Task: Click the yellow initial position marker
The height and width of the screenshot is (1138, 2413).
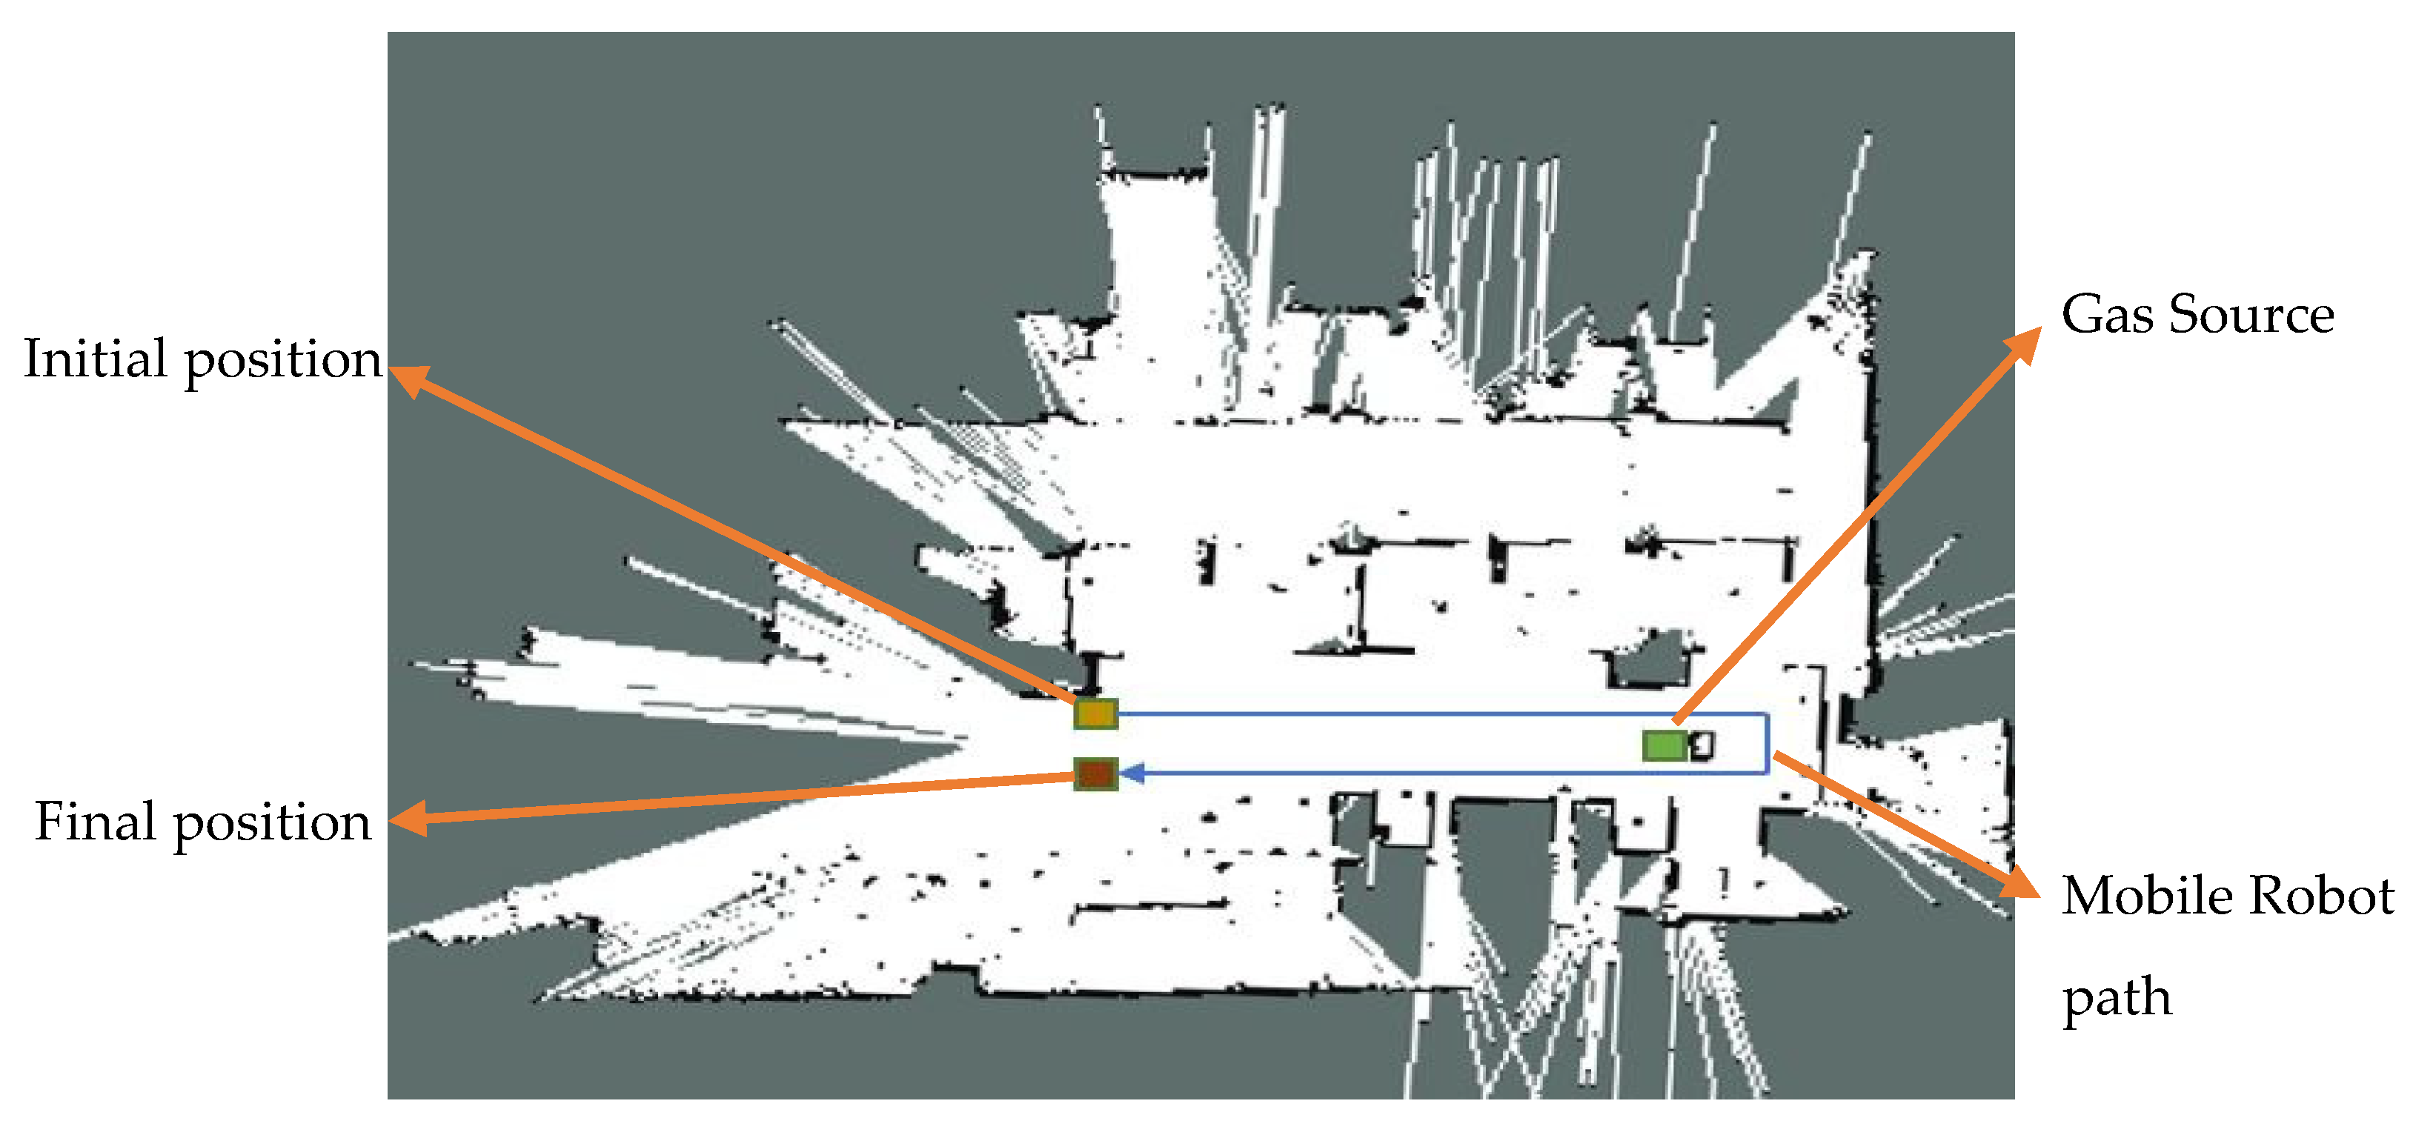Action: click(x=1095, y=713)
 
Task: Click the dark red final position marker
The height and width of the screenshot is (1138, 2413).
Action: click(x=1095, y=773)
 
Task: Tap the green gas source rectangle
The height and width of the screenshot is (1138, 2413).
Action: click(x=1664, y=745)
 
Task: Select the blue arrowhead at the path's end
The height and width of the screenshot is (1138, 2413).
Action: click(x=1132, y=773)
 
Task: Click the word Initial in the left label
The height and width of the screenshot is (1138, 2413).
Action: click(x=96, y=359)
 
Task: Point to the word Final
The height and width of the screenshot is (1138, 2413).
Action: click(x=96, y=822)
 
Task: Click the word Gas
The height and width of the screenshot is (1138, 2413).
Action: click(x=2108, y=314)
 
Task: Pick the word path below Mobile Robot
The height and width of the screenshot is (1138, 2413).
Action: click(x=2117, y=996)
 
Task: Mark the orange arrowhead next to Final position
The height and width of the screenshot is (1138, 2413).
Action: click(x=408, y=819)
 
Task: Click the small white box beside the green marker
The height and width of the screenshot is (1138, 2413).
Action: click(x=1703, y=745)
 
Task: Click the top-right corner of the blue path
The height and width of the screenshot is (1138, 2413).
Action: click(x=1768, y=716)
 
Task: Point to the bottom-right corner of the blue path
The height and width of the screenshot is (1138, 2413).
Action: click(x=1768, y=773)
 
